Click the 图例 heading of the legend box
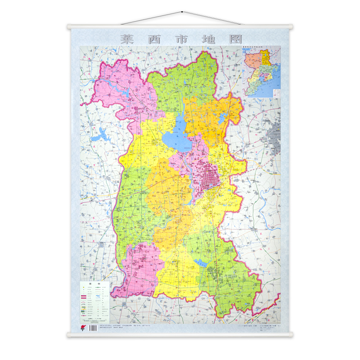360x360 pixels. coord(95,284)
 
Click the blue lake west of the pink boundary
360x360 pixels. coord(101,133)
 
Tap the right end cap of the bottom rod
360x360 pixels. coord(291,335)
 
